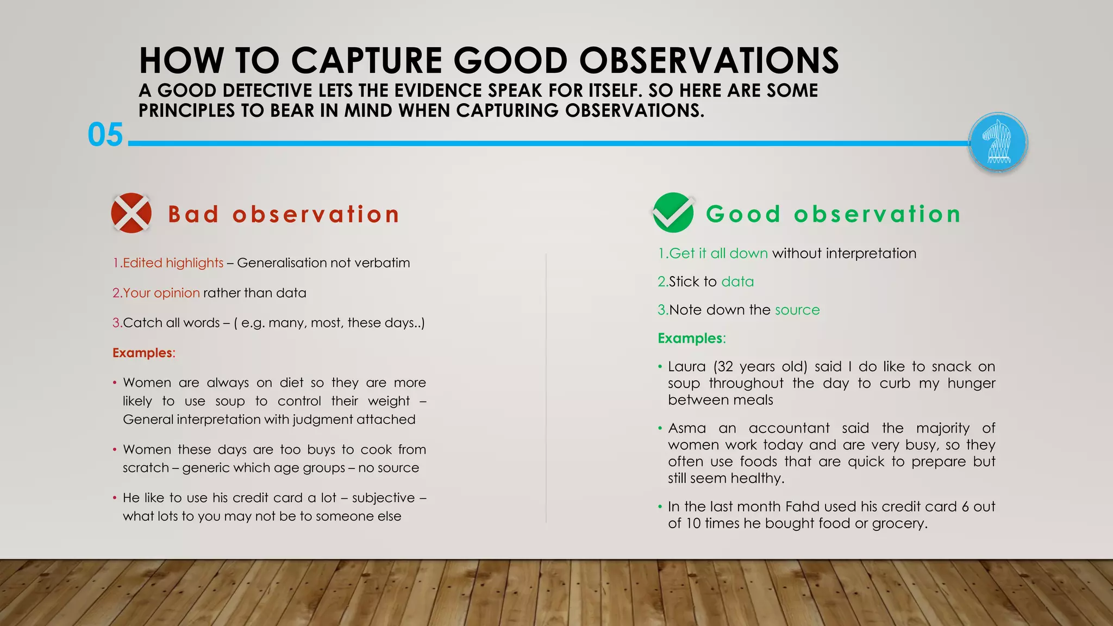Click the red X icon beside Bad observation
(131, 213)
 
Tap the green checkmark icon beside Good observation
(673, 212)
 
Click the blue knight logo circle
(998, 143)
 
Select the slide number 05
(105, 135)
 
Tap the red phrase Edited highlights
(173, 263)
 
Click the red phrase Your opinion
(161, 293)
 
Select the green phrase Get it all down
(718, 253)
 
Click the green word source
(797, 310)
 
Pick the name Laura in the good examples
(686, 367)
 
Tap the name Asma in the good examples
(687, 428)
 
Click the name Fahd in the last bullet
(802, 506)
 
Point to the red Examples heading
(143, 353)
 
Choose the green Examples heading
(691, 338)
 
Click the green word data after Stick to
(737, 281)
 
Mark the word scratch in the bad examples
(145, 468)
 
